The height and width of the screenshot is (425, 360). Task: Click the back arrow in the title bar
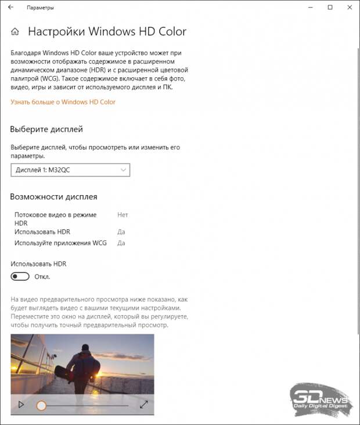click(x=10, y=8)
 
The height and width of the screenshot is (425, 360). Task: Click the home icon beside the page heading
click(x=16, y=31)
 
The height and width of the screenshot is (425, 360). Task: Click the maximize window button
click(x=330, y=8)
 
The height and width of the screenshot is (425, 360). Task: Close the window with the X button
click(x=350, y=8)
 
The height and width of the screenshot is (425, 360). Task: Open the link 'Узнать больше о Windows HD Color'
click(x=63, y=102)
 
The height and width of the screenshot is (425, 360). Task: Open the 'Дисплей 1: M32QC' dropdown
click(x=70, y=170)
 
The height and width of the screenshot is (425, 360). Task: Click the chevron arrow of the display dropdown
click(x=123, y=170)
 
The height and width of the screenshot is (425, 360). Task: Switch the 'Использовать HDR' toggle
click(x=20, y=276)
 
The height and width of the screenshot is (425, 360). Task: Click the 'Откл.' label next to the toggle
click(x=42, y=276)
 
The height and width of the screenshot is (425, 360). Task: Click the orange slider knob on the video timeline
click(x=41, y=405)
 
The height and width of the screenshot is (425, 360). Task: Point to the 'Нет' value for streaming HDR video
click(x=123, y=215)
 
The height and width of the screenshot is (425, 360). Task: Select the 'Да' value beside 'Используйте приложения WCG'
click(x=121, y=243)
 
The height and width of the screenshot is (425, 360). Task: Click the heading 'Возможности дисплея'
click(x=53, y=197)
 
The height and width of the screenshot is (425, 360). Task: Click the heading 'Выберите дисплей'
click(x=46, y=129)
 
